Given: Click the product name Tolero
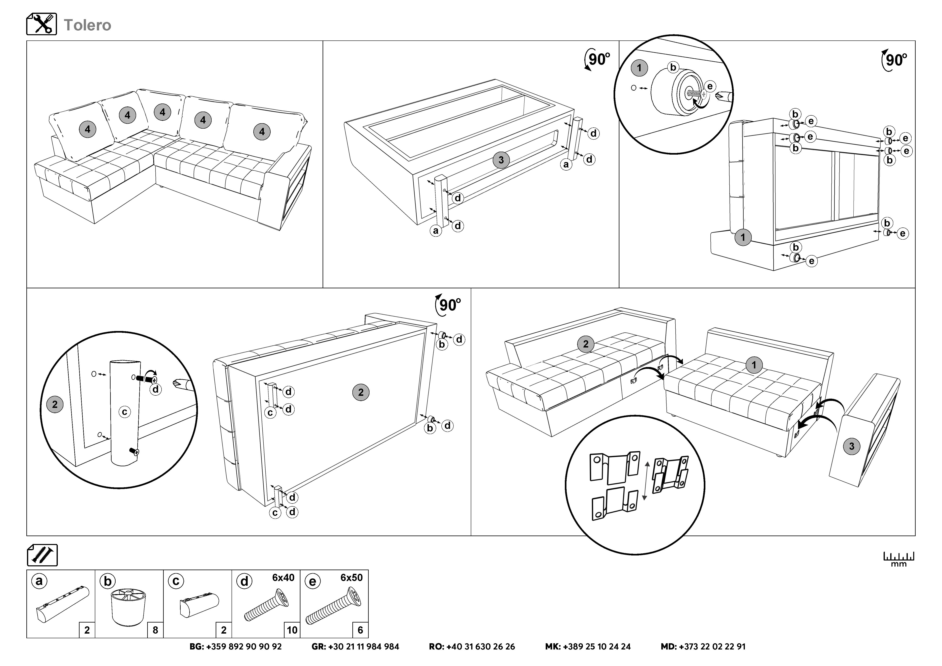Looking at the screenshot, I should [x=87, y=25].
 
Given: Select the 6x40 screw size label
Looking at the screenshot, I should [x=283, y=578].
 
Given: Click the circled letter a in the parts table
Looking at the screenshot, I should [x=39, y=581].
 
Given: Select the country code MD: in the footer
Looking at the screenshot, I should [x=669, y=647].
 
